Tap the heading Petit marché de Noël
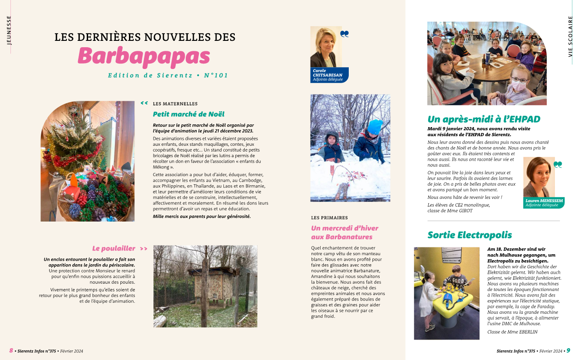(x=188, y=114)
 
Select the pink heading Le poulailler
(x=114, y=248)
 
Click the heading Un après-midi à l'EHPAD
(x=484, y=119)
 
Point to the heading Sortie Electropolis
(x=470, y=235)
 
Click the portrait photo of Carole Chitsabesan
(x=323, y=47)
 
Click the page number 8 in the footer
(x=11, y=351)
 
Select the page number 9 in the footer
(x=568, y=351)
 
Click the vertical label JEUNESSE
(x=9, y=30)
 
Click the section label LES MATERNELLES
(x=175, y=104)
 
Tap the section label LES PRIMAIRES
(x=329, y=218)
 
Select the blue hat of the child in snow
(x=375, y=127)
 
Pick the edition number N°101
(x=216, y=75)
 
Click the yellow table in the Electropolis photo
(x=452, y=306)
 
